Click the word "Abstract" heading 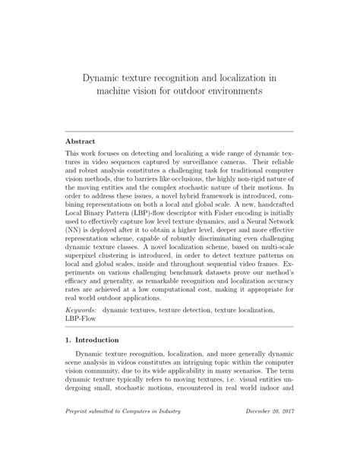point(81,141)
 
